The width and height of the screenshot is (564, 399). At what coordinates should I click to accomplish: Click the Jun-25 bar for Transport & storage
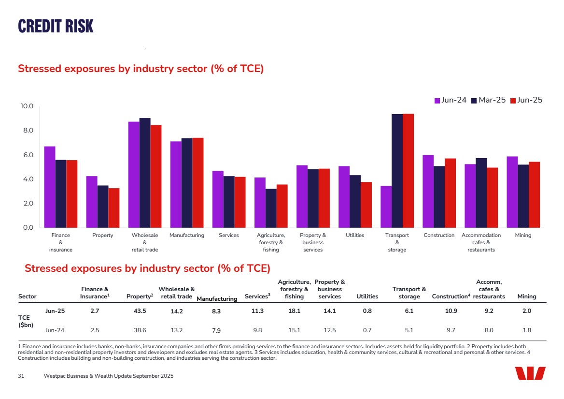point(408,171)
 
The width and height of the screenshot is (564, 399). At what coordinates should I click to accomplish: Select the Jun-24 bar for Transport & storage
point(386,207)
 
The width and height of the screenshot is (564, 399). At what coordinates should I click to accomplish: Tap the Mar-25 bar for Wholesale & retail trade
point(145,173)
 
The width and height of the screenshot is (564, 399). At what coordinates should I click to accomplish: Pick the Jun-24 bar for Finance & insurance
point(50,187)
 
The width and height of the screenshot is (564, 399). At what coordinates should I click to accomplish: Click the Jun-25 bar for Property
point(113,207)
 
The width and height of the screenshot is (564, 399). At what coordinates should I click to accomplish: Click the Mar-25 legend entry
point(488,100)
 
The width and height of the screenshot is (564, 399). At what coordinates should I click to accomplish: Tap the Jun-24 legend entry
point(451,100)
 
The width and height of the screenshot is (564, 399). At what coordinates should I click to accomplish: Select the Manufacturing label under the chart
point(187,236)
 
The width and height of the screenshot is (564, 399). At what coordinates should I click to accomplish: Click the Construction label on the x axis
point(439,236)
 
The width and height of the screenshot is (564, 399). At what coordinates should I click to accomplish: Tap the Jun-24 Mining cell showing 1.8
point(527,330)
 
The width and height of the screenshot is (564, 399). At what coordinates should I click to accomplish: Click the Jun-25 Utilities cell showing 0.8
point(367,311)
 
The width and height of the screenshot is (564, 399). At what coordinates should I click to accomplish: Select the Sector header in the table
point(27,296)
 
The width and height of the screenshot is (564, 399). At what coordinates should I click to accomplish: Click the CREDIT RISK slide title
point(56,26)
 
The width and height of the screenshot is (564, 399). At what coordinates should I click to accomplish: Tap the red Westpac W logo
point(530,373)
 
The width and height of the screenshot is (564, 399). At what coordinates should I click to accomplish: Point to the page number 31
point(21,376)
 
